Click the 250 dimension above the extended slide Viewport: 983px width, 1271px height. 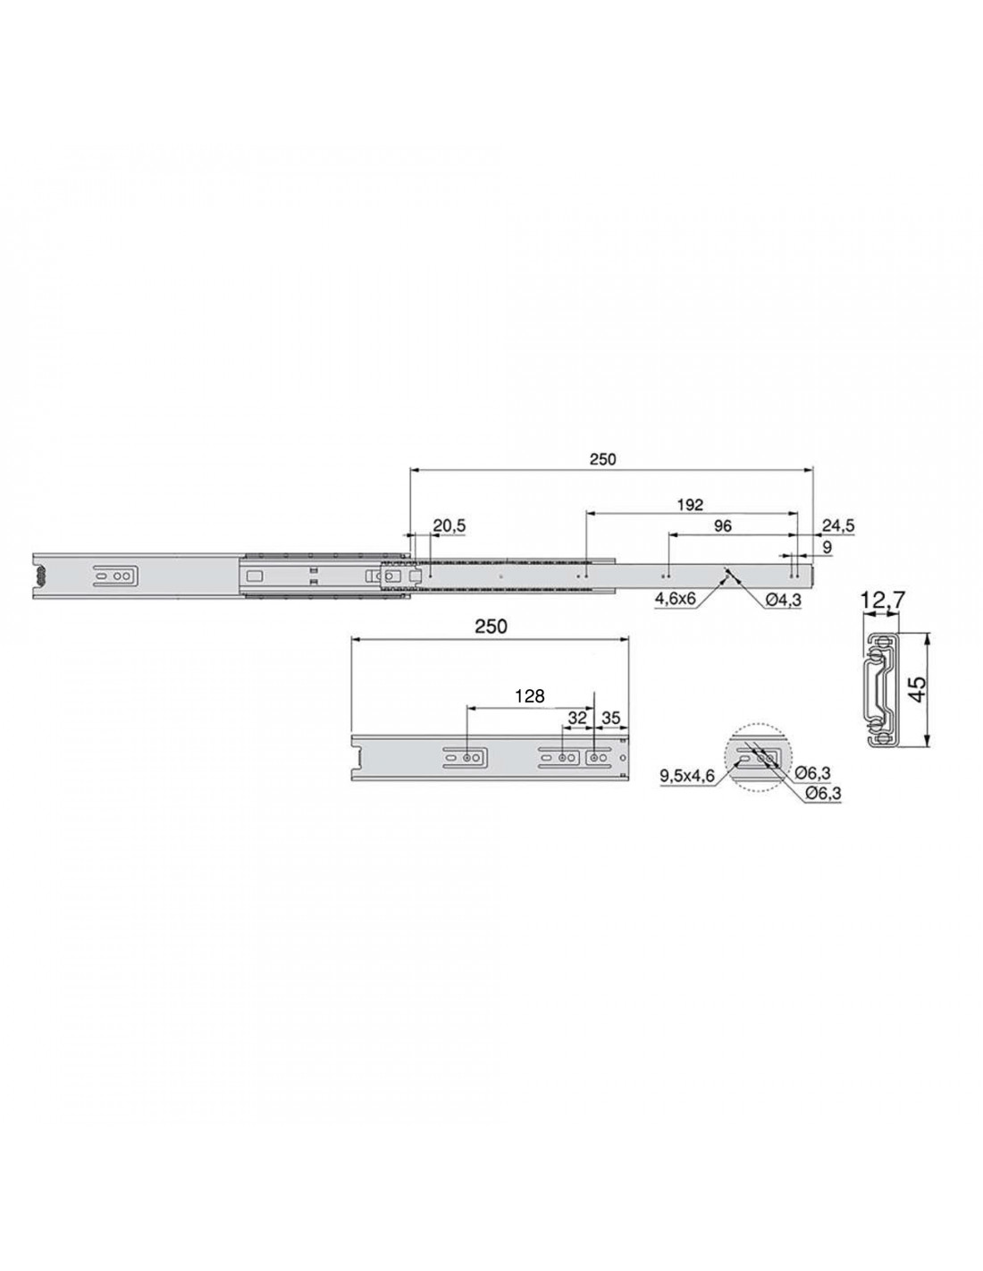pos(602,459)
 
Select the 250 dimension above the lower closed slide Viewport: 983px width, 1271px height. pos(491,627)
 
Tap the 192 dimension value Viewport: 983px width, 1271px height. pos(691,504)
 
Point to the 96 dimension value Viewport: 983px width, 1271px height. pos(723,526)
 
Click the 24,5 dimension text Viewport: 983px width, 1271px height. pos(838,526)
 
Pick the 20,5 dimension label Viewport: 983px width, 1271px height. pos(449,526)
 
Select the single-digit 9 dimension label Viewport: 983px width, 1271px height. pos(827,547)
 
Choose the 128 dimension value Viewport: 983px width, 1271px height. pos(529,696)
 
